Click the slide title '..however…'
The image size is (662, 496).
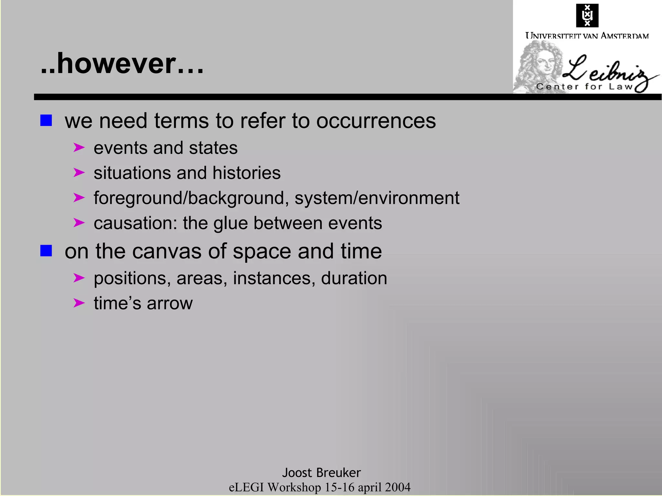point(122,64)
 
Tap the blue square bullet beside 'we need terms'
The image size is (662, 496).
point(46,120)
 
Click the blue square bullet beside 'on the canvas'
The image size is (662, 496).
point(46,251)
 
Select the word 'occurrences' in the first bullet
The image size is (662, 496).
point(376,121)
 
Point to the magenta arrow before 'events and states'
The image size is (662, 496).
point(79,148)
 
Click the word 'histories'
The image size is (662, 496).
point(246,173)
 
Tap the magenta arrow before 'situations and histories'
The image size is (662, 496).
point(79,172)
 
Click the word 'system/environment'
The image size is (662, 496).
point(377,198)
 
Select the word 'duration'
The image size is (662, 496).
point(354,278)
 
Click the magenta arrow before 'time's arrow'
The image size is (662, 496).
point(79,303)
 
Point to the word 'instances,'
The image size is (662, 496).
point(274,278)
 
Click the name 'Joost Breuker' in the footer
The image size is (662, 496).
point(321,473)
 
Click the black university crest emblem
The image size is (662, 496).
point(587,15)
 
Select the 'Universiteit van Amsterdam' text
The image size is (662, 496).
point(587,36)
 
